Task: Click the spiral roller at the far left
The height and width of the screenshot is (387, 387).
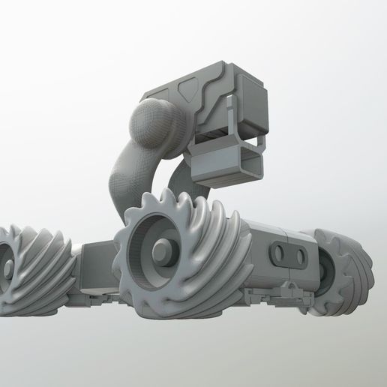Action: pyautogui.click(x=41, y=266)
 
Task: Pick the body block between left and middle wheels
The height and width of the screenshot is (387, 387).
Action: pyautogui.click(x=94, y=262)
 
